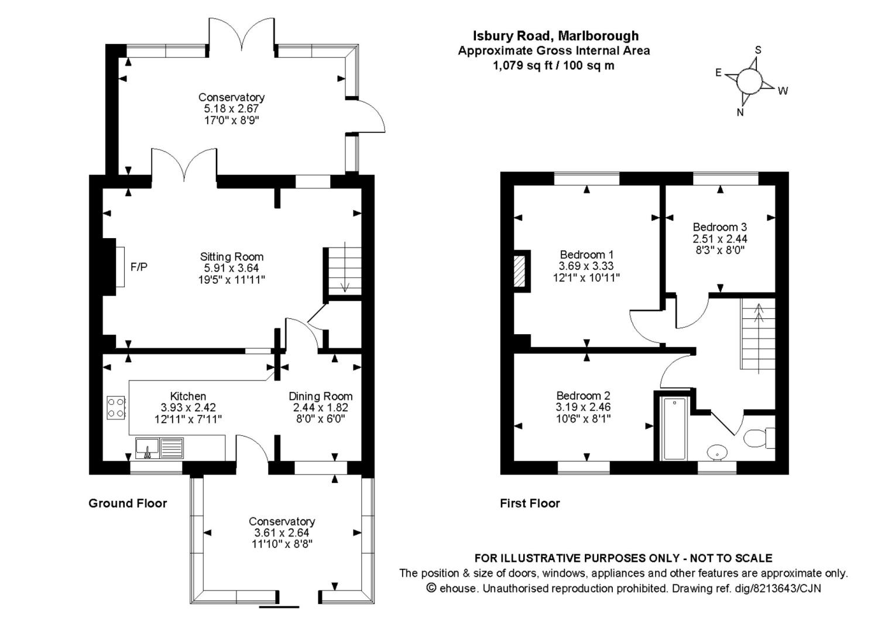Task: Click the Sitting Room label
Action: (x=232, y=256)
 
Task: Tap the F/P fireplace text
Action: (x=139, y=267)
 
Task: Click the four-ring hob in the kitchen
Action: (x=116, y=407)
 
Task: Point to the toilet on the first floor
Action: (x=756, y=437)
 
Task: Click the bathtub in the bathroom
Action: (x=675, y=429)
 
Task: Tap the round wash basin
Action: (x=717, y=452)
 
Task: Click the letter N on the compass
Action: (x=740, y=112)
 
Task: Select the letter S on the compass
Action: (x=758, y=50)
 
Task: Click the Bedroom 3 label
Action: (x=719, y=227)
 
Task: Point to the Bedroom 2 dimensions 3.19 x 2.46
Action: (x=583, y=407)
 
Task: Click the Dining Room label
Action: (x=320, y=396)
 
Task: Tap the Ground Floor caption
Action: (x=128, y=503)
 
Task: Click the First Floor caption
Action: (x=530, y=503)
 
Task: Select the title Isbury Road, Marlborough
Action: (x=555, y=36)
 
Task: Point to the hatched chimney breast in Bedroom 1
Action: (x=520, y=271)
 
